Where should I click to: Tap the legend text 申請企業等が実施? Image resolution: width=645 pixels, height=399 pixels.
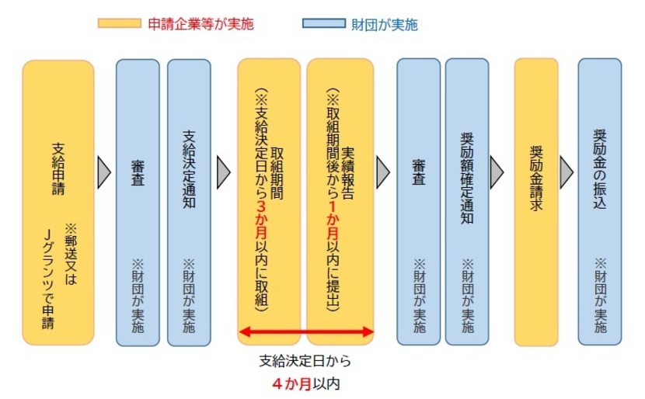(200, 24)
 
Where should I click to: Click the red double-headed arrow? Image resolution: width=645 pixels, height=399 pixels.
(306, 332)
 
